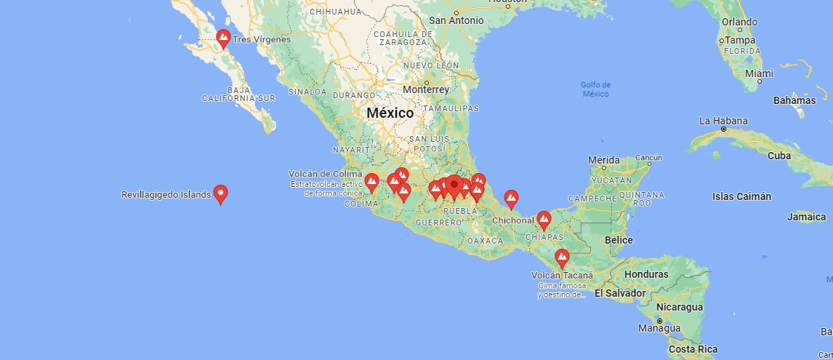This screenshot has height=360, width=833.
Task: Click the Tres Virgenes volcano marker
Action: click(x=223, y=38)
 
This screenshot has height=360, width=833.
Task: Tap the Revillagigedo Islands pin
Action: click(x=220, y=193)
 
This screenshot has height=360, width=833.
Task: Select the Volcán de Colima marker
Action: click(x=371, y=182)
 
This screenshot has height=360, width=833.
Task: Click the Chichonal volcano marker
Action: click(x=544, y=220)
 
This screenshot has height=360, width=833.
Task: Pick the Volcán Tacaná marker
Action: click(x=562, y=258)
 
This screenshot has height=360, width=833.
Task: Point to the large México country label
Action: click(x=390, y=113)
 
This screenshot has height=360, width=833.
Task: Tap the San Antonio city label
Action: click(x=456, y=20)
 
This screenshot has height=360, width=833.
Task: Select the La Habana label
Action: click(x=718, y=120)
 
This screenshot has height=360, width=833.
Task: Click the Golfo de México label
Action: click(x=595, y=89)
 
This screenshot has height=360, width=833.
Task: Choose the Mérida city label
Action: click(x=604, y=159)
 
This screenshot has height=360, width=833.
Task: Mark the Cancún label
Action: click(x=648, y=157)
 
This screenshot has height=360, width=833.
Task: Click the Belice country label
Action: click(x=619, y=240)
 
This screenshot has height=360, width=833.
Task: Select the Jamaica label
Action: click(x=807, y=217)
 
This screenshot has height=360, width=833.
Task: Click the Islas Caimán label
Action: click(x=741, y=196)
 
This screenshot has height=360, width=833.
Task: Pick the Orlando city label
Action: click(x=739, y=22)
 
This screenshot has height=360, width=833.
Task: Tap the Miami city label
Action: click(x=759, y=73)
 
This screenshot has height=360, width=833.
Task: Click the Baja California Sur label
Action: click(x=239, y=93)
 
